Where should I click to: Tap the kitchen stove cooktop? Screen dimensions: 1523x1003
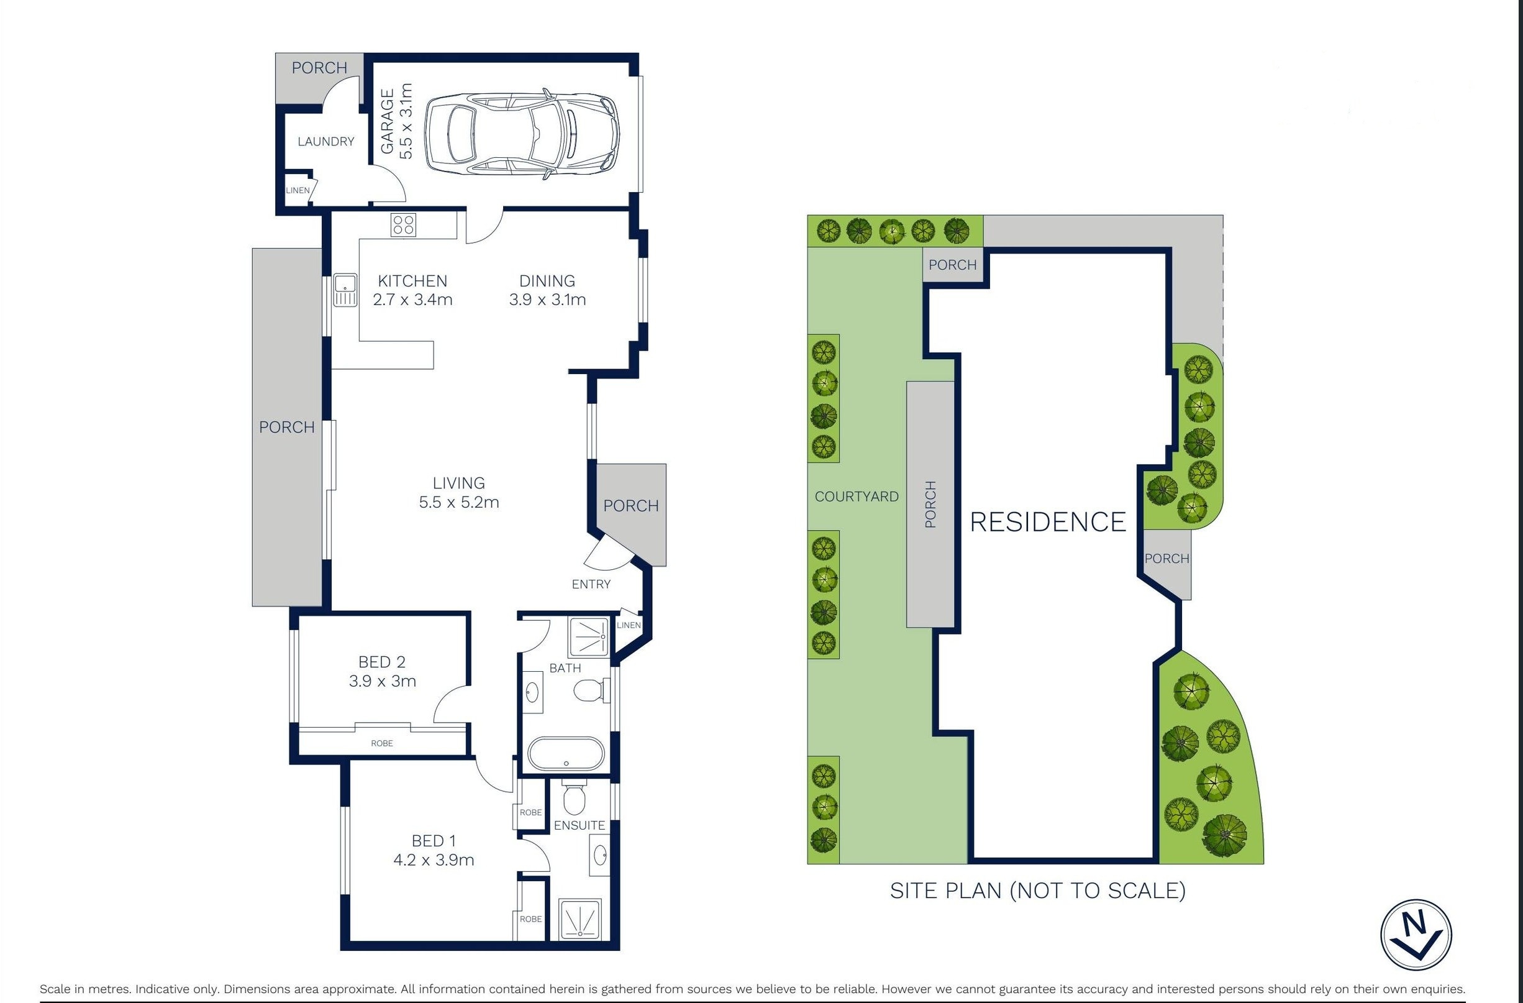(x=404, y=226)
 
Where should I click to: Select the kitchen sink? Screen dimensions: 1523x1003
(x=345, y=291)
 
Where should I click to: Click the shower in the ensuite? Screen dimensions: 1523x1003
(x=580, y=920)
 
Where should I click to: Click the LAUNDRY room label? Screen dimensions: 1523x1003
(x=325, y=142)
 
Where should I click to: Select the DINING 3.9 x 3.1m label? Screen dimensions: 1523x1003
(x=547, y=290)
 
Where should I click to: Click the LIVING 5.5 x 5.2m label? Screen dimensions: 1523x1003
(x=459, y=492)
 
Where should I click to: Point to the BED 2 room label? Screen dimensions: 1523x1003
(x=382, y=662)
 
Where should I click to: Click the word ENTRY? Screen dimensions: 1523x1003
(x=591, y=584)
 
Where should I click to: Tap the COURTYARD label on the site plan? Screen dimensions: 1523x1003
(x=857, y=496)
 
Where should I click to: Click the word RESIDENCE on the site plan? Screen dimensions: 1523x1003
(x=1048, y=521)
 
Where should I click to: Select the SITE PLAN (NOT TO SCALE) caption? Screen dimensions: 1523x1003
(x=1038, y=891)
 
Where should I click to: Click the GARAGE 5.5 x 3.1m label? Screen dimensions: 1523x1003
(x=397, y=121)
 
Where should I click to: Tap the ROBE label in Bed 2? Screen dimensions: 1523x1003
(x=382, y=743)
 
